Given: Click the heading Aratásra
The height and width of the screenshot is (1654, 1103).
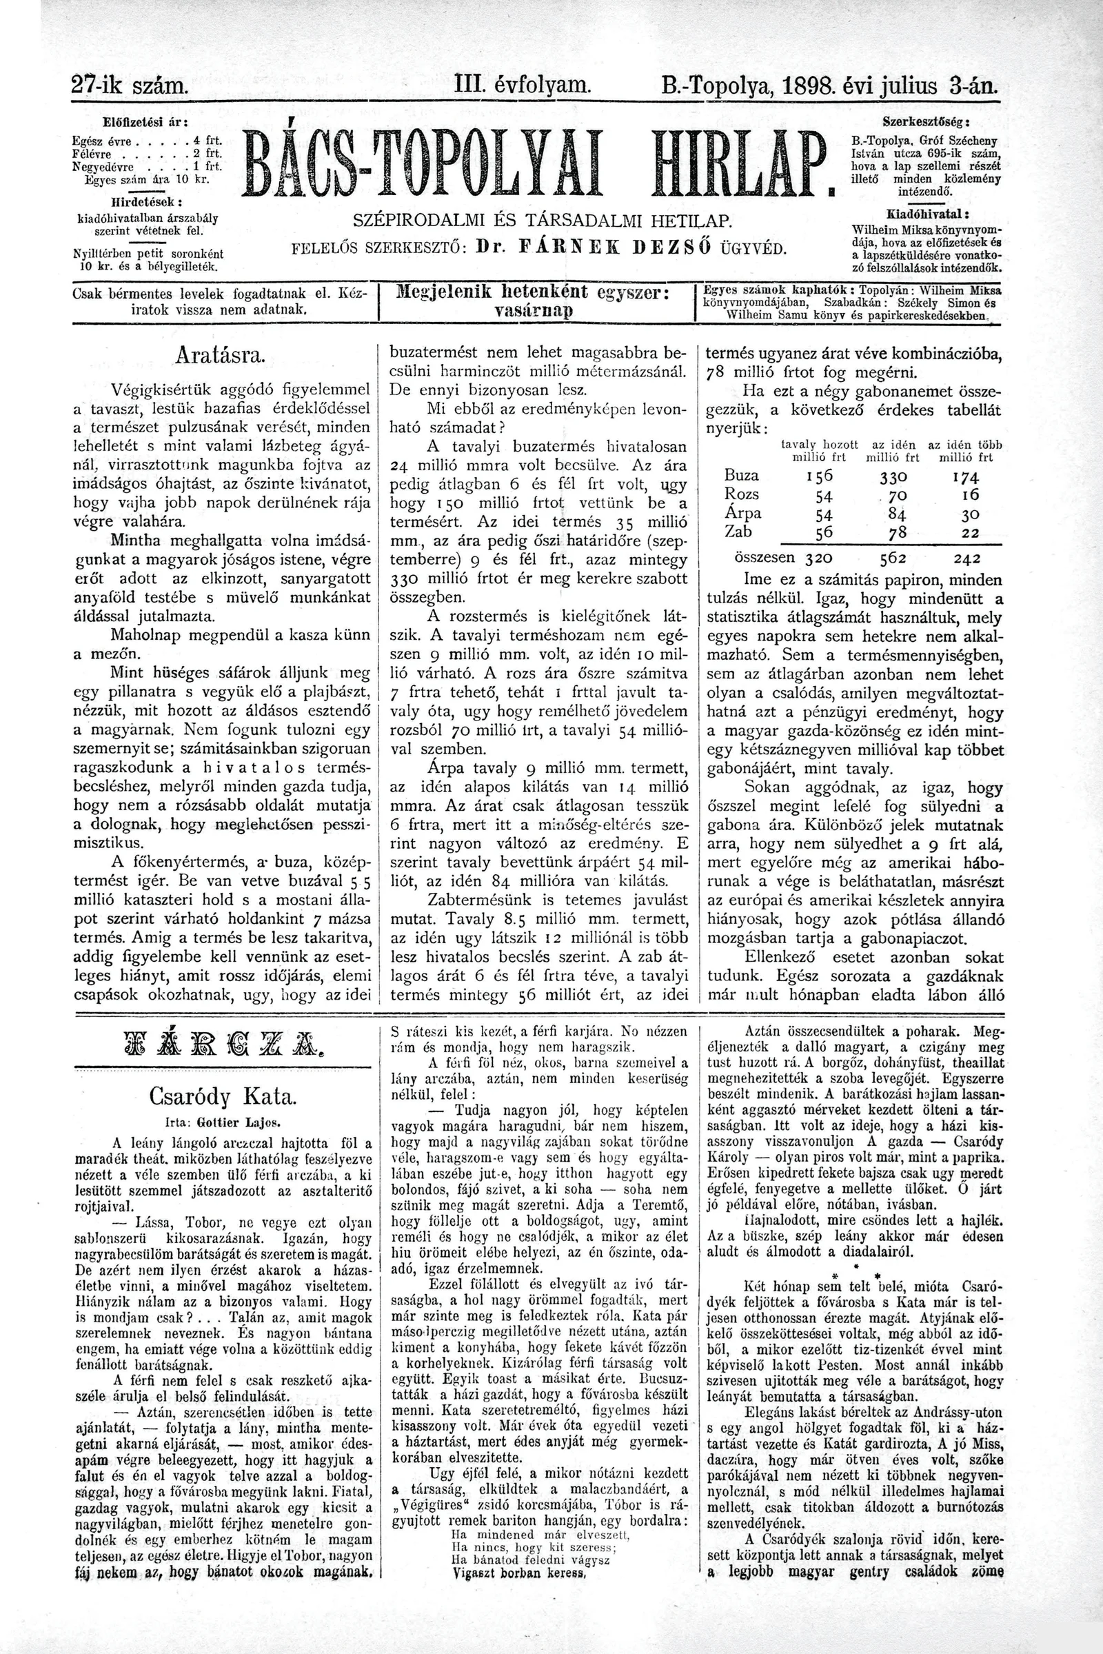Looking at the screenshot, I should pos(220,356).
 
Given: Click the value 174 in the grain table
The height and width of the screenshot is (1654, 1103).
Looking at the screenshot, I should pos(965,477).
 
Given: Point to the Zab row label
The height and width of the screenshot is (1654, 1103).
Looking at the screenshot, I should pos(738,531).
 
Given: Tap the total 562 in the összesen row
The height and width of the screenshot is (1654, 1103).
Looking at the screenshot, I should pos(893,558).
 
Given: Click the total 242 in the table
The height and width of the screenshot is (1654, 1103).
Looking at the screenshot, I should pos(965,558).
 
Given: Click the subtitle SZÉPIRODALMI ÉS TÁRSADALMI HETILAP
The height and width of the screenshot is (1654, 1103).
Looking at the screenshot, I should pos(543,220).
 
